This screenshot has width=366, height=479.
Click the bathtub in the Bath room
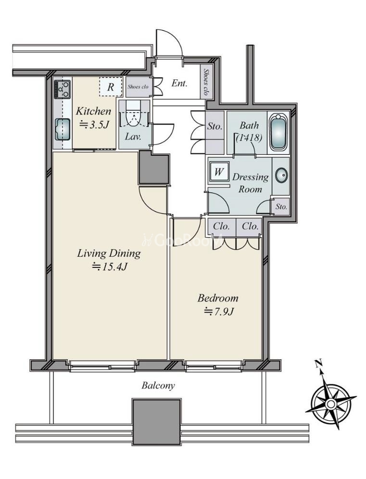pos(278,132)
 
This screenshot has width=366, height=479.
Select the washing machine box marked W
pos(219,171)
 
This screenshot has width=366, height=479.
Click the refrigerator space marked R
pos(111,87)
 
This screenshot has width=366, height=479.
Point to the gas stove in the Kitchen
pos(63,89)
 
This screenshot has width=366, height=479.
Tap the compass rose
pos(330,404)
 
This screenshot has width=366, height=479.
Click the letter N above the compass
pos(319,364)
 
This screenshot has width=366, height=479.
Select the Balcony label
pos(158,385)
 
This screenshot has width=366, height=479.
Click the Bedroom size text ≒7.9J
pos(219,311)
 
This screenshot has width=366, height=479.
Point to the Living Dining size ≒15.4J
pos(109,267)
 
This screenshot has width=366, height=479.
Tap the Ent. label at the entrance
pos(179,83)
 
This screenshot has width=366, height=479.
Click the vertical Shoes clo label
pos(206,82)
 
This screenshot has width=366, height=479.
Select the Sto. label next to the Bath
pos(215,126)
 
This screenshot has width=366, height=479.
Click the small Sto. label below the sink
pos(281,206)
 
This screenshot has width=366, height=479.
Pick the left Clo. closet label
pos(221,227)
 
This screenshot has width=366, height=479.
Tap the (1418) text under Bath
pos(249,138)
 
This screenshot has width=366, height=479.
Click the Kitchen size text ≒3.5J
pos(94,125)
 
